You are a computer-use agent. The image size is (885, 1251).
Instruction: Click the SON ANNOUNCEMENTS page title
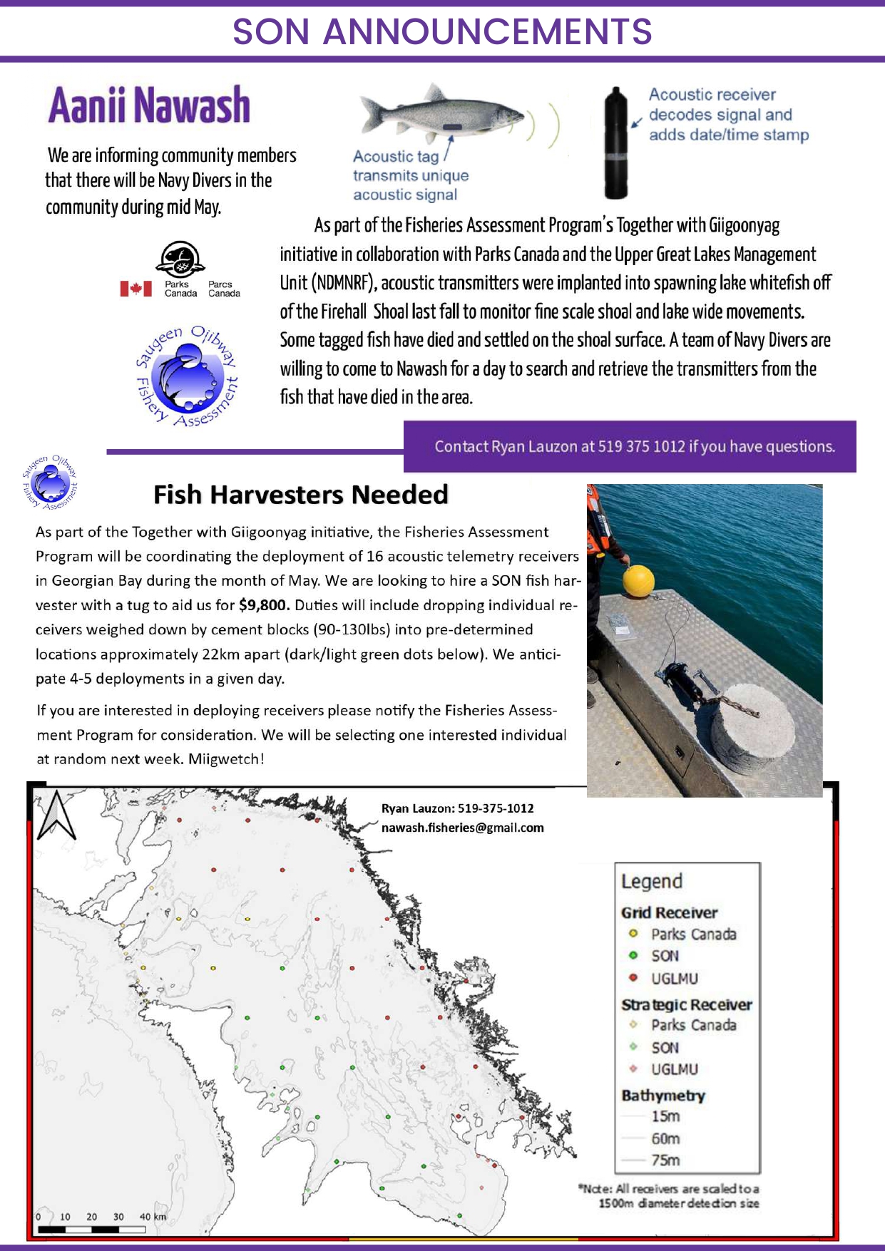[442, 32]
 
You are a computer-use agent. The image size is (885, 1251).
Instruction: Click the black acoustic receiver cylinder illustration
[615, 143]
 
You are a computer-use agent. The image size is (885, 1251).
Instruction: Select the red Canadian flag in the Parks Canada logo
[135, 289]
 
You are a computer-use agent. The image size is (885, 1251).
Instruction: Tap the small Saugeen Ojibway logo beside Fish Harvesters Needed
[49, 483]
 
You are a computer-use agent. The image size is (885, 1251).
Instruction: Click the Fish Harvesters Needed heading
[300, 495]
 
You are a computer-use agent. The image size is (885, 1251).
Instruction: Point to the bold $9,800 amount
[264, 605]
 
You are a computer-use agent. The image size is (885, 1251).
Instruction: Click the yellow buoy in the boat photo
[638, 580]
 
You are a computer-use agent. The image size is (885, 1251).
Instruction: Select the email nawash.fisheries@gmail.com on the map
[462, 828]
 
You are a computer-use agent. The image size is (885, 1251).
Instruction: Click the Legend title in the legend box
[651, 882]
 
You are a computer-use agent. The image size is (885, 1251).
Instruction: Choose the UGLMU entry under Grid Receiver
[673, 979]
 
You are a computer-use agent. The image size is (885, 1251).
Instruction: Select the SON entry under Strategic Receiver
[664, 1048]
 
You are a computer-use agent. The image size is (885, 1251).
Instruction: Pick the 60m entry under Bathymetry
[665, 1138]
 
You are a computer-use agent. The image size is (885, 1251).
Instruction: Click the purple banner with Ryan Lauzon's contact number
[630, 447]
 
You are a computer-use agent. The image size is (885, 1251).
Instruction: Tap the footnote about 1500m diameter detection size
[669, 1196]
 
